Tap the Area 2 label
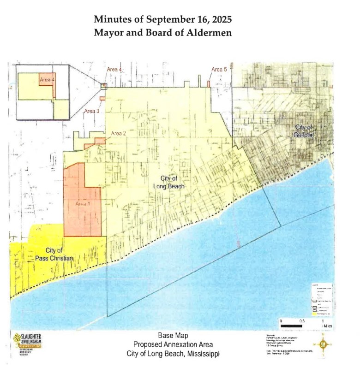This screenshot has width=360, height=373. point(119,133)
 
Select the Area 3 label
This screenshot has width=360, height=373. point(92,111)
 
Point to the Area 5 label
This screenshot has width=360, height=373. point(219,69)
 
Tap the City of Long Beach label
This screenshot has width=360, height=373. point(169,182)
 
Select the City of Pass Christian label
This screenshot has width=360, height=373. point(54,254)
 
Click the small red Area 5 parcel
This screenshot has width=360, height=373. point(209,84)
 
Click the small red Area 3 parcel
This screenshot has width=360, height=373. point(102,98)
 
